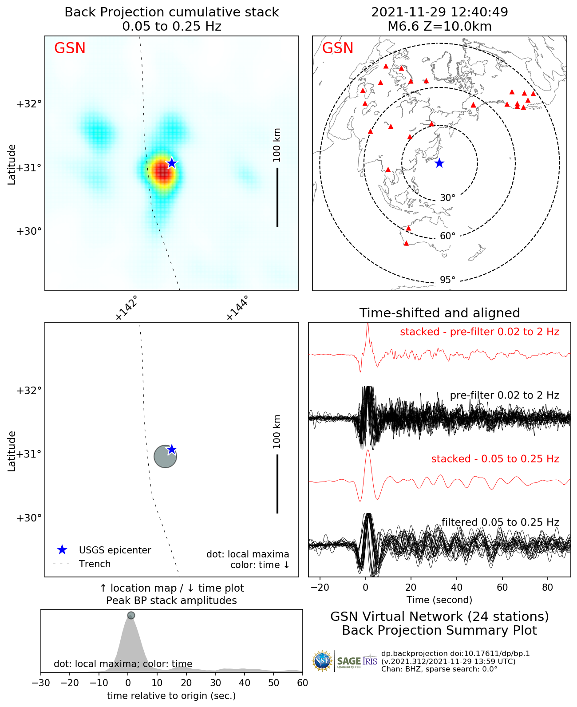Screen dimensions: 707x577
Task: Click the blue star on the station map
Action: [439, 163]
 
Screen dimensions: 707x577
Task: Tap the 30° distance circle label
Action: [447, 198]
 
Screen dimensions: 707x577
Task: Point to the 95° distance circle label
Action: [447, 280]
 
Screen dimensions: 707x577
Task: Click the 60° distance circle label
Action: [447, 236]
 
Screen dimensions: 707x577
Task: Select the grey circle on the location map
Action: [165, 456]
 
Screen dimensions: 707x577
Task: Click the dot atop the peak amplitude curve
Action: [131, 615]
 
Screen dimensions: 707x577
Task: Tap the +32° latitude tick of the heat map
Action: [29, 104]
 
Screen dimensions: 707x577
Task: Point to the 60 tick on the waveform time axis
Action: [502, 588]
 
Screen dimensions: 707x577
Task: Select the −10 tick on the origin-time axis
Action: [99, 683]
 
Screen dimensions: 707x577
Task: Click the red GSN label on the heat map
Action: [70, 48]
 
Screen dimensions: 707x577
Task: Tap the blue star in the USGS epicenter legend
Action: [62, 550]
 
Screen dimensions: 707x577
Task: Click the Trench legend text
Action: [95, 564]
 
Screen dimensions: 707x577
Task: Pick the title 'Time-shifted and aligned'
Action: [439, 313]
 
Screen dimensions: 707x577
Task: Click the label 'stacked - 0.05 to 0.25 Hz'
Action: [495, 459]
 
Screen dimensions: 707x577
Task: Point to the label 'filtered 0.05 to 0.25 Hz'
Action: [500, 522]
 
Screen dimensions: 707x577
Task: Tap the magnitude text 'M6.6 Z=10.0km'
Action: [439, 27]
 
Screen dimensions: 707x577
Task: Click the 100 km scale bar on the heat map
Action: [277, 197]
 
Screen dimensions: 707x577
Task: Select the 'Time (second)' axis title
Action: [439, 600]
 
